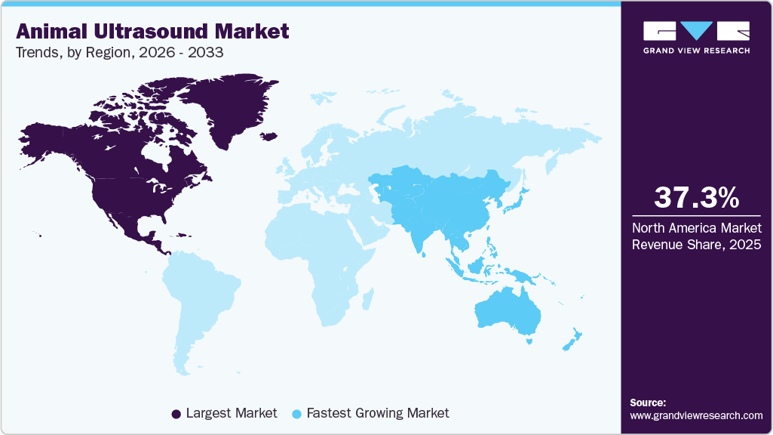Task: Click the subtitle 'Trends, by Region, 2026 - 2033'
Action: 119,53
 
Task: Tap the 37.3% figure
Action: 696,198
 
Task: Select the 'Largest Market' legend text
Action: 232,413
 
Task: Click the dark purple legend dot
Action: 176,414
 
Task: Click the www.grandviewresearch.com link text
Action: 696,415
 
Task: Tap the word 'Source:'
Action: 648,403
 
